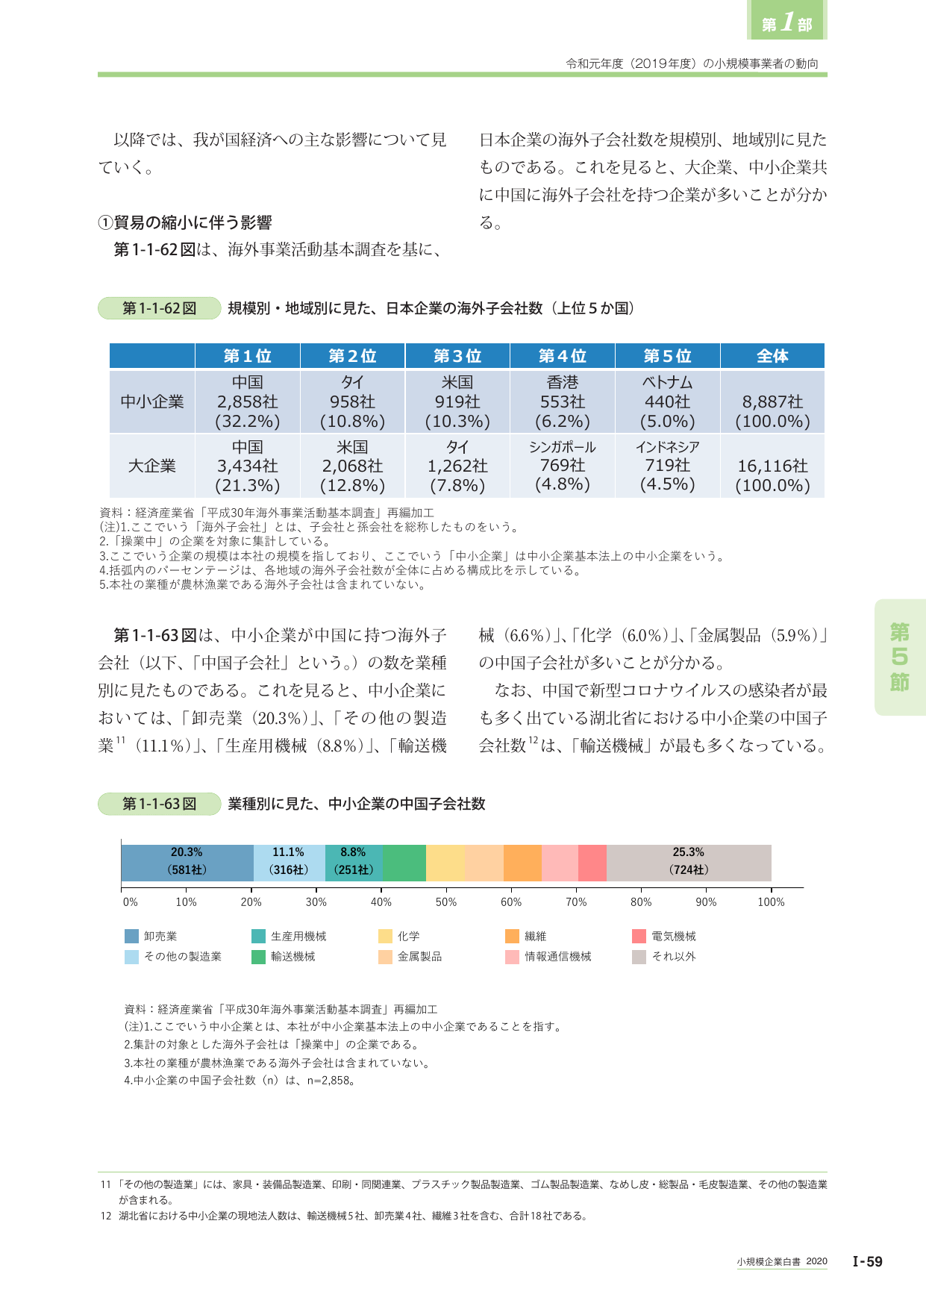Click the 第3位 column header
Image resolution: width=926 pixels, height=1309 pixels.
click(457, 356)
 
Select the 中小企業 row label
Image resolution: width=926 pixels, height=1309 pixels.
click(152, 402)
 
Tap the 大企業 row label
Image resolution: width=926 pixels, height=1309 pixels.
click(152, 466)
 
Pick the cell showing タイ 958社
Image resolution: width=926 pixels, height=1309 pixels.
click(352, 402)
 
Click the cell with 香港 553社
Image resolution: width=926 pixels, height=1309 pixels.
click(563, 402)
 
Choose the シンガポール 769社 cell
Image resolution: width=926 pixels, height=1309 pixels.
click(563, 466)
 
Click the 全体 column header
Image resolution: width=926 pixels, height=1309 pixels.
click(772, 356)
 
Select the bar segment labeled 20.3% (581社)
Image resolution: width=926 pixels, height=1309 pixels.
click(187, 863)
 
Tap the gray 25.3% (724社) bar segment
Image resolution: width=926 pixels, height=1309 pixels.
click(689, 863)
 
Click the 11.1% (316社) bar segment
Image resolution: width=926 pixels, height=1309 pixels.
click(290, 863)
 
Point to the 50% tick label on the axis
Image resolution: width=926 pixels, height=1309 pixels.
click(446, 902)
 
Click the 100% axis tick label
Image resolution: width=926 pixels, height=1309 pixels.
click(771, 902)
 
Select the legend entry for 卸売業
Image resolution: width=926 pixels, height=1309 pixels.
click(151, 936)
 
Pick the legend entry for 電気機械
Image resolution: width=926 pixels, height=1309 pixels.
click(664, 936)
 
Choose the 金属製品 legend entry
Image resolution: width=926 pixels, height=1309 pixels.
click(410, 956)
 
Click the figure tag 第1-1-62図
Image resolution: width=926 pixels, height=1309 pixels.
click(160, 308)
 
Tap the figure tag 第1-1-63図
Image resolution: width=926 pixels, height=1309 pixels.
click(160, 804)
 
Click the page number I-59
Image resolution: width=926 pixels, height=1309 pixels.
click(868, 1261)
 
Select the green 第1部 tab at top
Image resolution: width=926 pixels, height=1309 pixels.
click(787, 20)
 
